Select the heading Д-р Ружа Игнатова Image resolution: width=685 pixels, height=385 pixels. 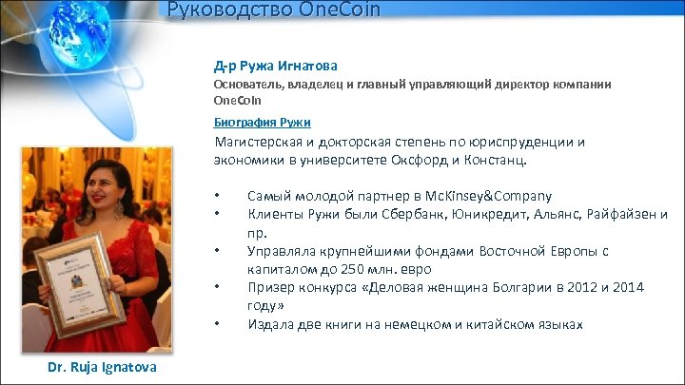pos(275,66)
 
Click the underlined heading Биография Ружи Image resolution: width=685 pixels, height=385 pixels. pos(261,123)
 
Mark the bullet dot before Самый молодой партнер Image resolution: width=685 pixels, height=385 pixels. pos(218,196)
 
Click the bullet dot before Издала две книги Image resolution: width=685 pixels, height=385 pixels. pos(218,324)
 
